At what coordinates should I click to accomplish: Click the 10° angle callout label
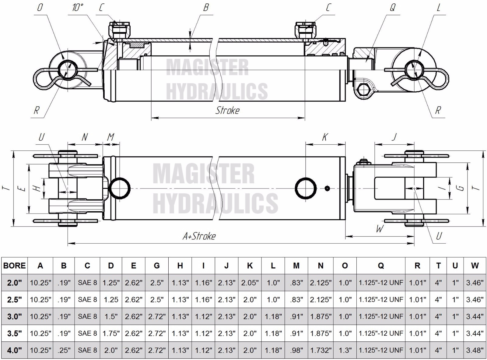tap(78, 8)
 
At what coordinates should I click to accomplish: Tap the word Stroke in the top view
tap(227, 110)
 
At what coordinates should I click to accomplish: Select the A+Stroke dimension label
tap(199, 236)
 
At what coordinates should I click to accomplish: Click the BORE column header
tap(14, 266)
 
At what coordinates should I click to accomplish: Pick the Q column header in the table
tap(380, 266)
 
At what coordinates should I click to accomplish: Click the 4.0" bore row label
tap(14, 350)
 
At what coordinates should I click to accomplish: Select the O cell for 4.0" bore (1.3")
tap(345, 350)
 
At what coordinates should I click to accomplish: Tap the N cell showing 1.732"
tap(321, 350)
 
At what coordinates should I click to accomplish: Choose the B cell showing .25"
tap(64, 350)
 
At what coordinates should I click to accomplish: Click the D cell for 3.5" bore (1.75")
tap(111, 333)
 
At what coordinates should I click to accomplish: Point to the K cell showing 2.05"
tap(250, 283)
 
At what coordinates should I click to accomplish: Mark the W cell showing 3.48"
tap(475, 350)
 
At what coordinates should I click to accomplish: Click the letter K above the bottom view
tap(324, 137)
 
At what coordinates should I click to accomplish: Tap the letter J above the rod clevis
tap(394, 137)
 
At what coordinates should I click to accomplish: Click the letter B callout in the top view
tap(206, 8)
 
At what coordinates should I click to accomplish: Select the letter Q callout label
tap(392, 8)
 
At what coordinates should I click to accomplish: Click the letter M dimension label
tap(111, 137)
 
